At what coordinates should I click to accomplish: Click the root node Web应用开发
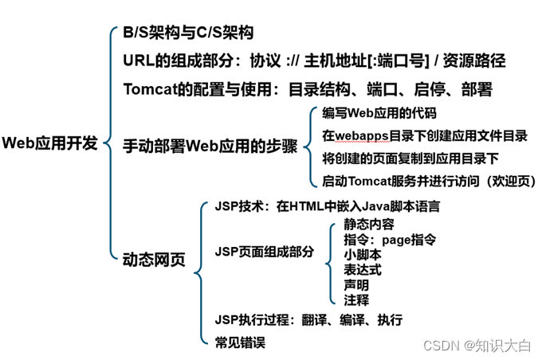50,143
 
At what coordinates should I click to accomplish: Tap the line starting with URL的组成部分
314,61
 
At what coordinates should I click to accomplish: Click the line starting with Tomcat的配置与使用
308,88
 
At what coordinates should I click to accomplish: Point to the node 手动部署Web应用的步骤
210,147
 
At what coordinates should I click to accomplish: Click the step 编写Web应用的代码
379,113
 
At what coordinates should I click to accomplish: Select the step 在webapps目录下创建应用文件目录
425,135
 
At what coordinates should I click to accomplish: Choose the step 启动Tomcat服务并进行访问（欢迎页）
429,181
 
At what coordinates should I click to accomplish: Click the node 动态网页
154,260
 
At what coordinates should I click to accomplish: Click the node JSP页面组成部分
265,252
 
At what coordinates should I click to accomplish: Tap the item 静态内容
369,224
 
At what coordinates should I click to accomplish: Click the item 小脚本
363,254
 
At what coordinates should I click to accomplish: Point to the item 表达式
363,269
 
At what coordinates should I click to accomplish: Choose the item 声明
356,284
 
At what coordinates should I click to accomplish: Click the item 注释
356,299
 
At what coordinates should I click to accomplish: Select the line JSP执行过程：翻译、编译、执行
308,320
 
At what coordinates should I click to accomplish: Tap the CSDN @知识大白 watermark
477,346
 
